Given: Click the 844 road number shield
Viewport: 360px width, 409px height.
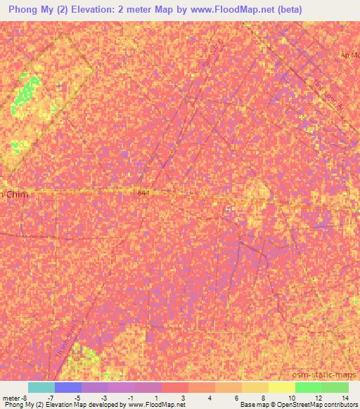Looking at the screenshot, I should (143, 192).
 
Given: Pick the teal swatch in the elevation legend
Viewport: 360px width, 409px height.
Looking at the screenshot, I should (41, 387).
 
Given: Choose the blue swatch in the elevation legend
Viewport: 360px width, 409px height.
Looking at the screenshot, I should (68, 387).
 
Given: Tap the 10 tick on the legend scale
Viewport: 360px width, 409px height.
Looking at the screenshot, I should (290, 397).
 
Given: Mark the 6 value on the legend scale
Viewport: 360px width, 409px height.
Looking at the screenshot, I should (237, 397).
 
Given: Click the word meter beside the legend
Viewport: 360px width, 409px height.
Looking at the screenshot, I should (11, 397).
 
